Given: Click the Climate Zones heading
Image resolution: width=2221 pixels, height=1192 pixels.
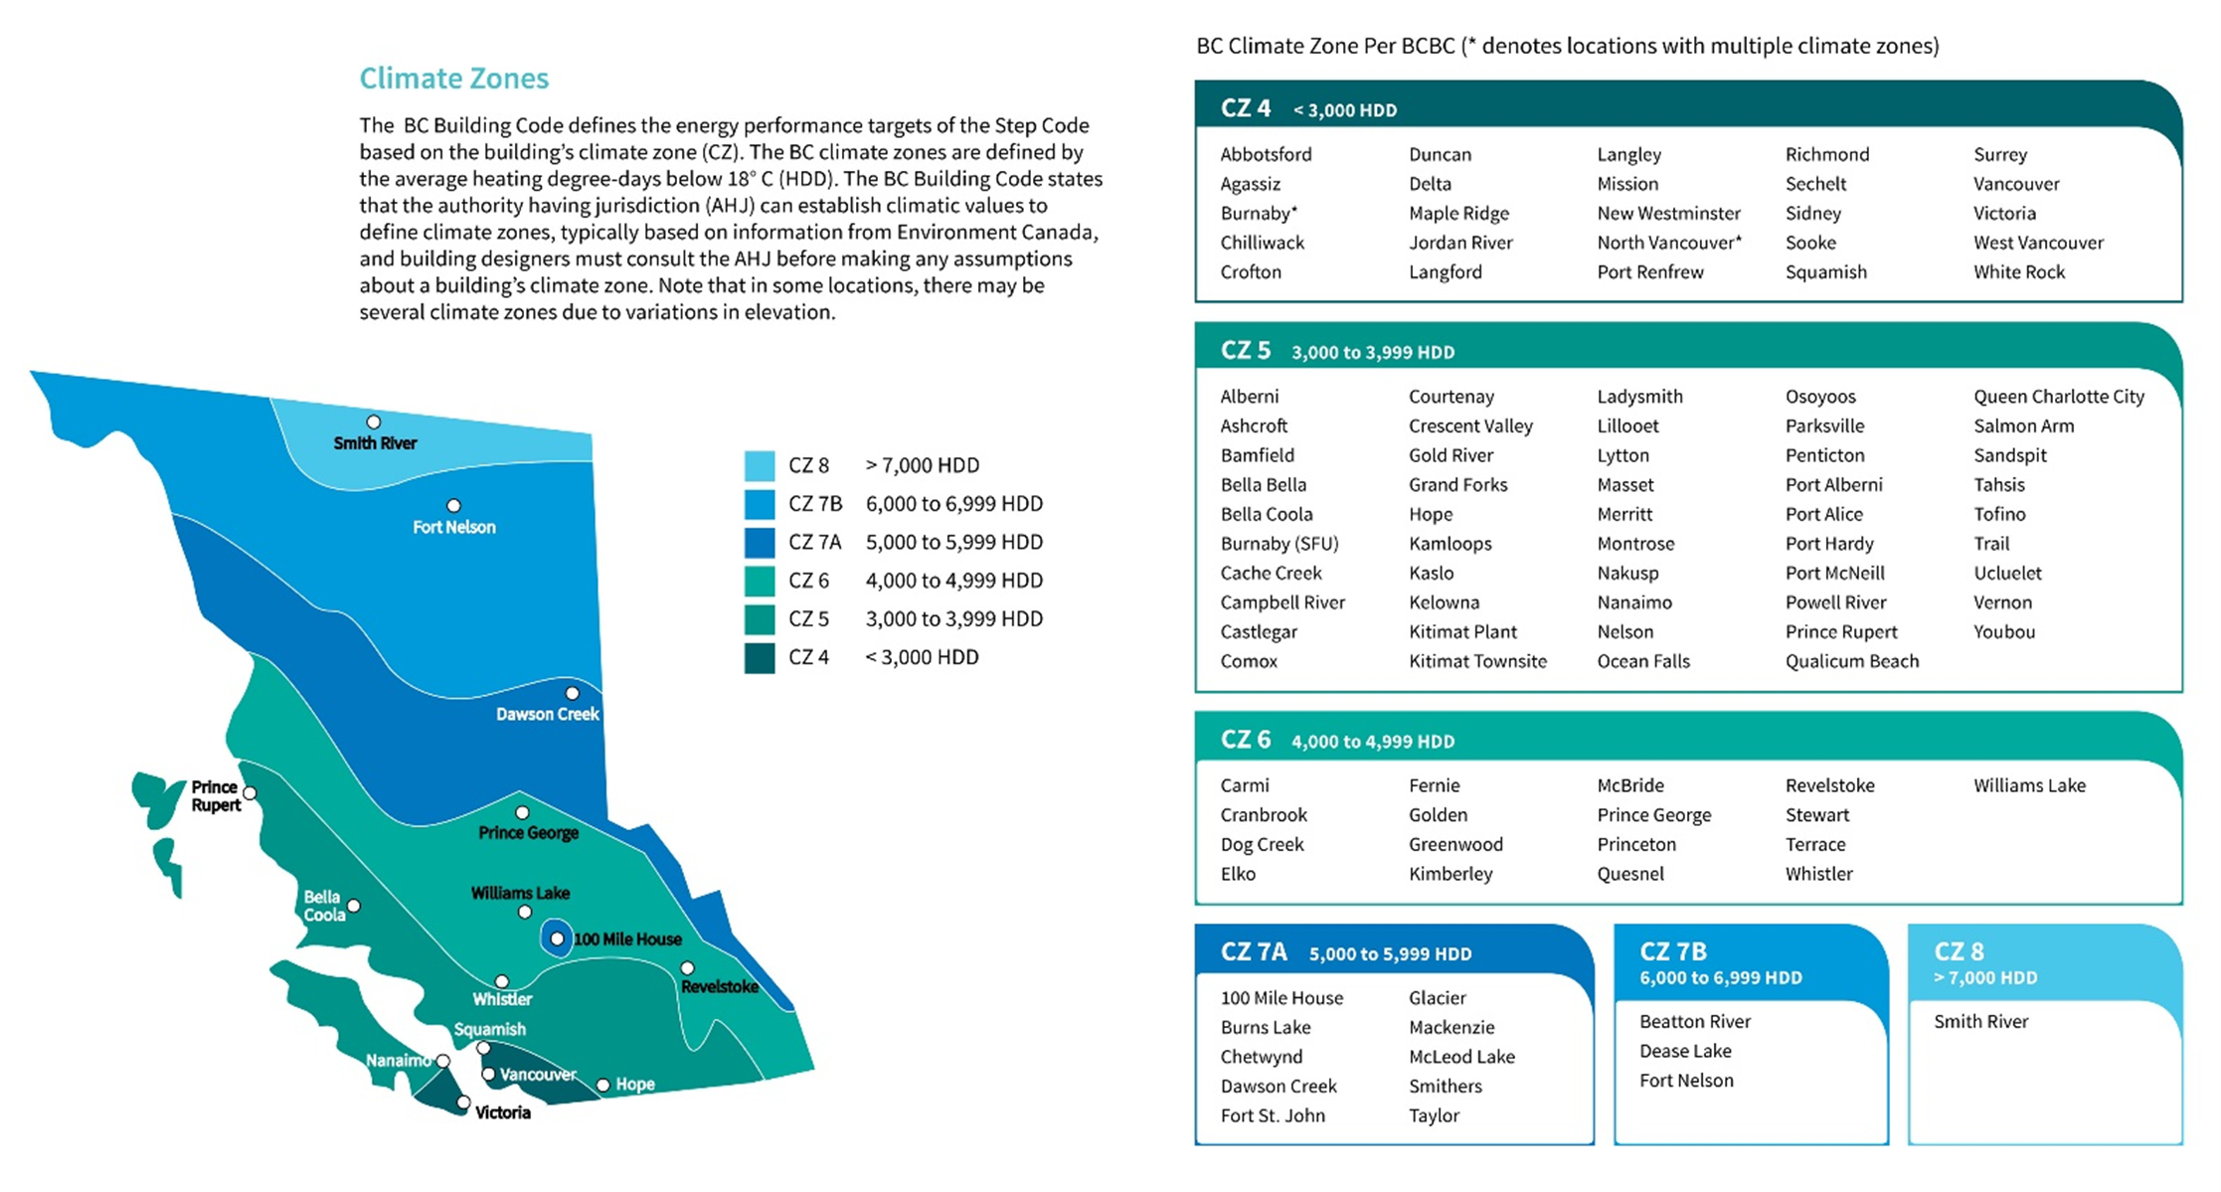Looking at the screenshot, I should (x=453, y=79).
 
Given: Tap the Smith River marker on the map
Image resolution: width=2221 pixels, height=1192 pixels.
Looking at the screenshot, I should (x=374, y=423).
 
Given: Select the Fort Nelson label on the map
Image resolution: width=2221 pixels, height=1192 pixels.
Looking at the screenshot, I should (x=453, y=527).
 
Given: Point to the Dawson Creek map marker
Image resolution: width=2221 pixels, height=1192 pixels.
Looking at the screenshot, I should (x=572, y=693).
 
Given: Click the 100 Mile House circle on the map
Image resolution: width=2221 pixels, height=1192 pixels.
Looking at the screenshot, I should (x=557, y=938).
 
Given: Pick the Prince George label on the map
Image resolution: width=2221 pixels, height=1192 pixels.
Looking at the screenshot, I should (x=528, y=833).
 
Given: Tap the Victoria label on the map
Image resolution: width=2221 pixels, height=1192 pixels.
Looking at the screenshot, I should (x=502, y=1112).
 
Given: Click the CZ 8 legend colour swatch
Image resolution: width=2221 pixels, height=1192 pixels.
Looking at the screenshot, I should (x=760, y=465).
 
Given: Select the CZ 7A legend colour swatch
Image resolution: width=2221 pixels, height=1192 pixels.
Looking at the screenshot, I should (x=760, y=542).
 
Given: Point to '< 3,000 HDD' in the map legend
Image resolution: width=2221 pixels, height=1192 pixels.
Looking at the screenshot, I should (x=922, y=657).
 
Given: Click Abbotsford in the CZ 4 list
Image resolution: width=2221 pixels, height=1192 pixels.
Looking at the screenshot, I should (x=1266, y=154).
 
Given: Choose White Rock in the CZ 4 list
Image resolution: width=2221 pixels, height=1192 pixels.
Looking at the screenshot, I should (x=2018, y=271).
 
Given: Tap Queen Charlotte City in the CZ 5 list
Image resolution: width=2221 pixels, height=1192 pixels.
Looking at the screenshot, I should (x=2058, y=397).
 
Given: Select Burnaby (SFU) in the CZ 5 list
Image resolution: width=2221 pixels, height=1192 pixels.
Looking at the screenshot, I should (x=1280, y=544).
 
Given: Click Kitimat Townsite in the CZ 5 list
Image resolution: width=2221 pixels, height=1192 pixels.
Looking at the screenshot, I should (x=1477, y=661).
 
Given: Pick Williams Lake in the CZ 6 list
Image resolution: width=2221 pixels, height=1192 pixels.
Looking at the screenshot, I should (x=2029, y=785).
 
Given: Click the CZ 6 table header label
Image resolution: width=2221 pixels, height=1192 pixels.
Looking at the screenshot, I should (x=1246, y=740).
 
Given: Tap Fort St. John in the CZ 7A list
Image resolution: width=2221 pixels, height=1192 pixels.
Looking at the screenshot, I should (x=1273, y=1115).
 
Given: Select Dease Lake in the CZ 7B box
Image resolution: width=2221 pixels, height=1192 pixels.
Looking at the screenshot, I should (x=1685, y=1051).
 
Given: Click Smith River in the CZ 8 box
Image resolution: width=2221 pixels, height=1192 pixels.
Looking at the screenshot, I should (x=1980, y=1021).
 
